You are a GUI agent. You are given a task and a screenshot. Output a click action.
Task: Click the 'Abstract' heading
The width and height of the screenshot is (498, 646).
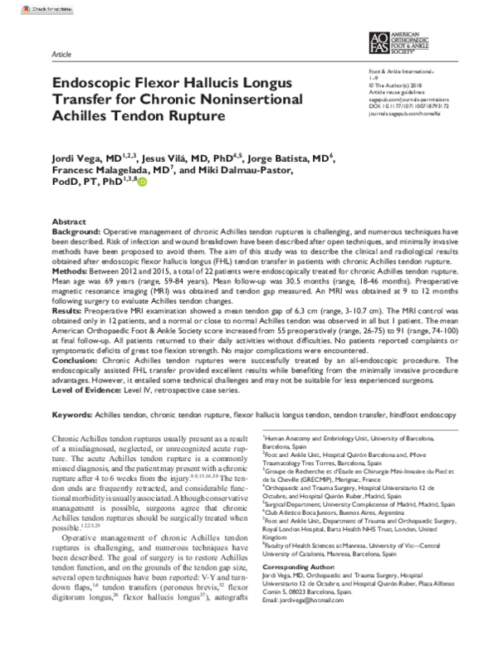click(x=68, y=223)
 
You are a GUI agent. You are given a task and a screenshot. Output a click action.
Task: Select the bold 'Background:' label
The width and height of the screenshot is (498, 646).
click(x=76, y=233)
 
